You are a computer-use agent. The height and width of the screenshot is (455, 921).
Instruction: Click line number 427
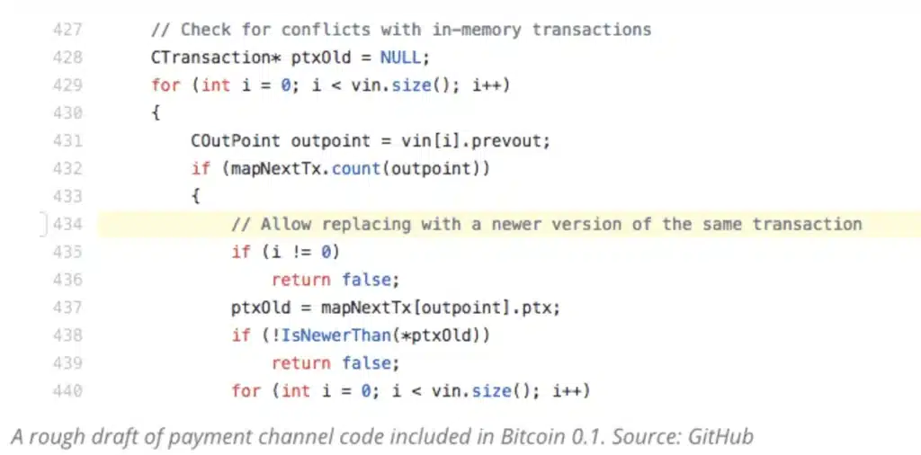[67, 30]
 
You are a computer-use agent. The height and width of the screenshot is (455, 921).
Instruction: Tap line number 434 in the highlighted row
[67, 224]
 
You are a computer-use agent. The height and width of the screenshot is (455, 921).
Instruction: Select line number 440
[67, 391]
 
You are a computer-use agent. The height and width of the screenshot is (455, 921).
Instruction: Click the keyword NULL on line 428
[400, 58]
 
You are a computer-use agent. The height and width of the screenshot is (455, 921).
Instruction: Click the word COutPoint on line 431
[237, 141]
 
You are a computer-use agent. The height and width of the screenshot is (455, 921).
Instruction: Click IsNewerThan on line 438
[336, 335]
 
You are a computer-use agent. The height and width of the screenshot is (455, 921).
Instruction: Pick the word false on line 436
[366, 280]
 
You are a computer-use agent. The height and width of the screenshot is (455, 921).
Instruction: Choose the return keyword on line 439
[300, 363]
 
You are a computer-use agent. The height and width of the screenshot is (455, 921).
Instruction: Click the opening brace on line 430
[156, 113]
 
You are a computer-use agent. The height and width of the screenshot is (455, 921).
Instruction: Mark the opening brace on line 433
[195, 197]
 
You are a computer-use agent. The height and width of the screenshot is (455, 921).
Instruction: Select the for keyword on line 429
[165, 85]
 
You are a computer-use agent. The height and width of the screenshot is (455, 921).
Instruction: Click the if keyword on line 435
[241, 253]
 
